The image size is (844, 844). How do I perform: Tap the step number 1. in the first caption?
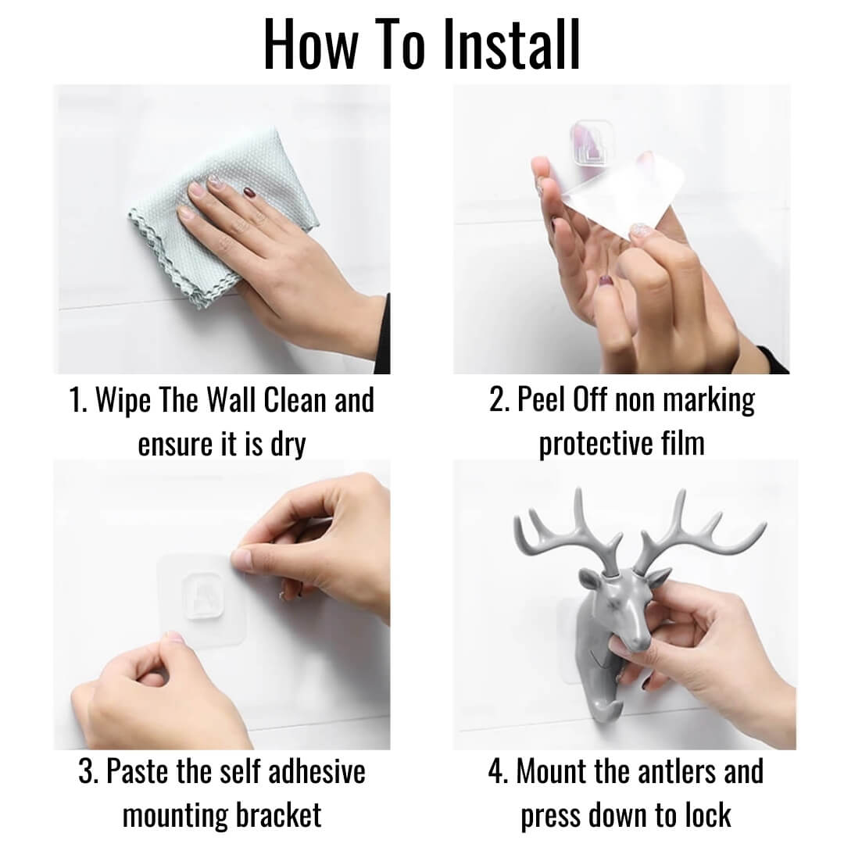pyautogui.click(x=79, y=401)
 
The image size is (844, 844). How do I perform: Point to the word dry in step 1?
pyautogui.click(x=288, y=445)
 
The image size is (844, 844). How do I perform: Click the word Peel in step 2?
pyautogui.click(x=540, y=400)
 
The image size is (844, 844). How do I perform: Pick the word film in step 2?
pyautogui.click(x=682, y=444)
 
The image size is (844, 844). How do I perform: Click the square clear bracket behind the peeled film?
pyautogui.click(x=592, y=141)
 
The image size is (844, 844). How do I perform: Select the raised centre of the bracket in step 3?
pyautogui.click(x=203, y=595)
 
